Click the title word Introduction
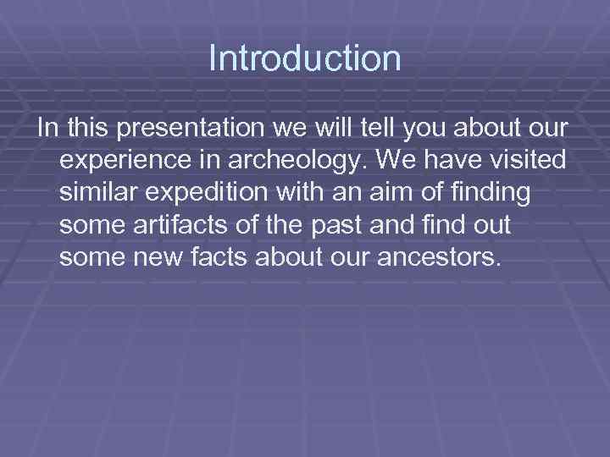(305, 59)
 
